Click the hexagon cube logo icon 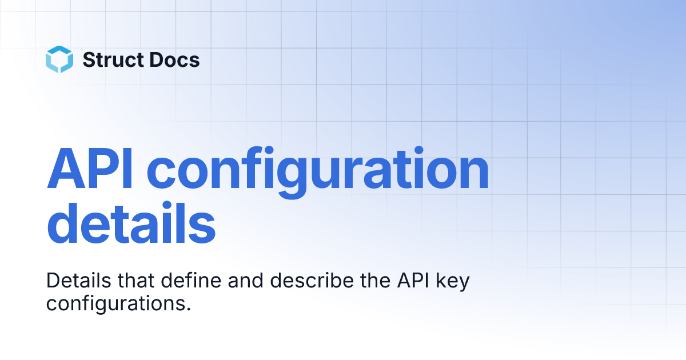59,59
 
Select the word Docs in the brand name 175,59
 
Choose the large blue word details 131,222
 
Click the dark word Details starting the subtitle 79,281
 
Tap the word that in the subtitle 136,281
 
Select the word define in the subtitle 191,281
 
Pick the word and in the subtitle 246,281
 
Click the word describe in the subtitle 312,281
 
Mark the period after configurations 188,309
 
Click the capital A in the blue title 66,169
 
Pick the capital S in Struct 89,59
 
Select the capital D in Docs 157,59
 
